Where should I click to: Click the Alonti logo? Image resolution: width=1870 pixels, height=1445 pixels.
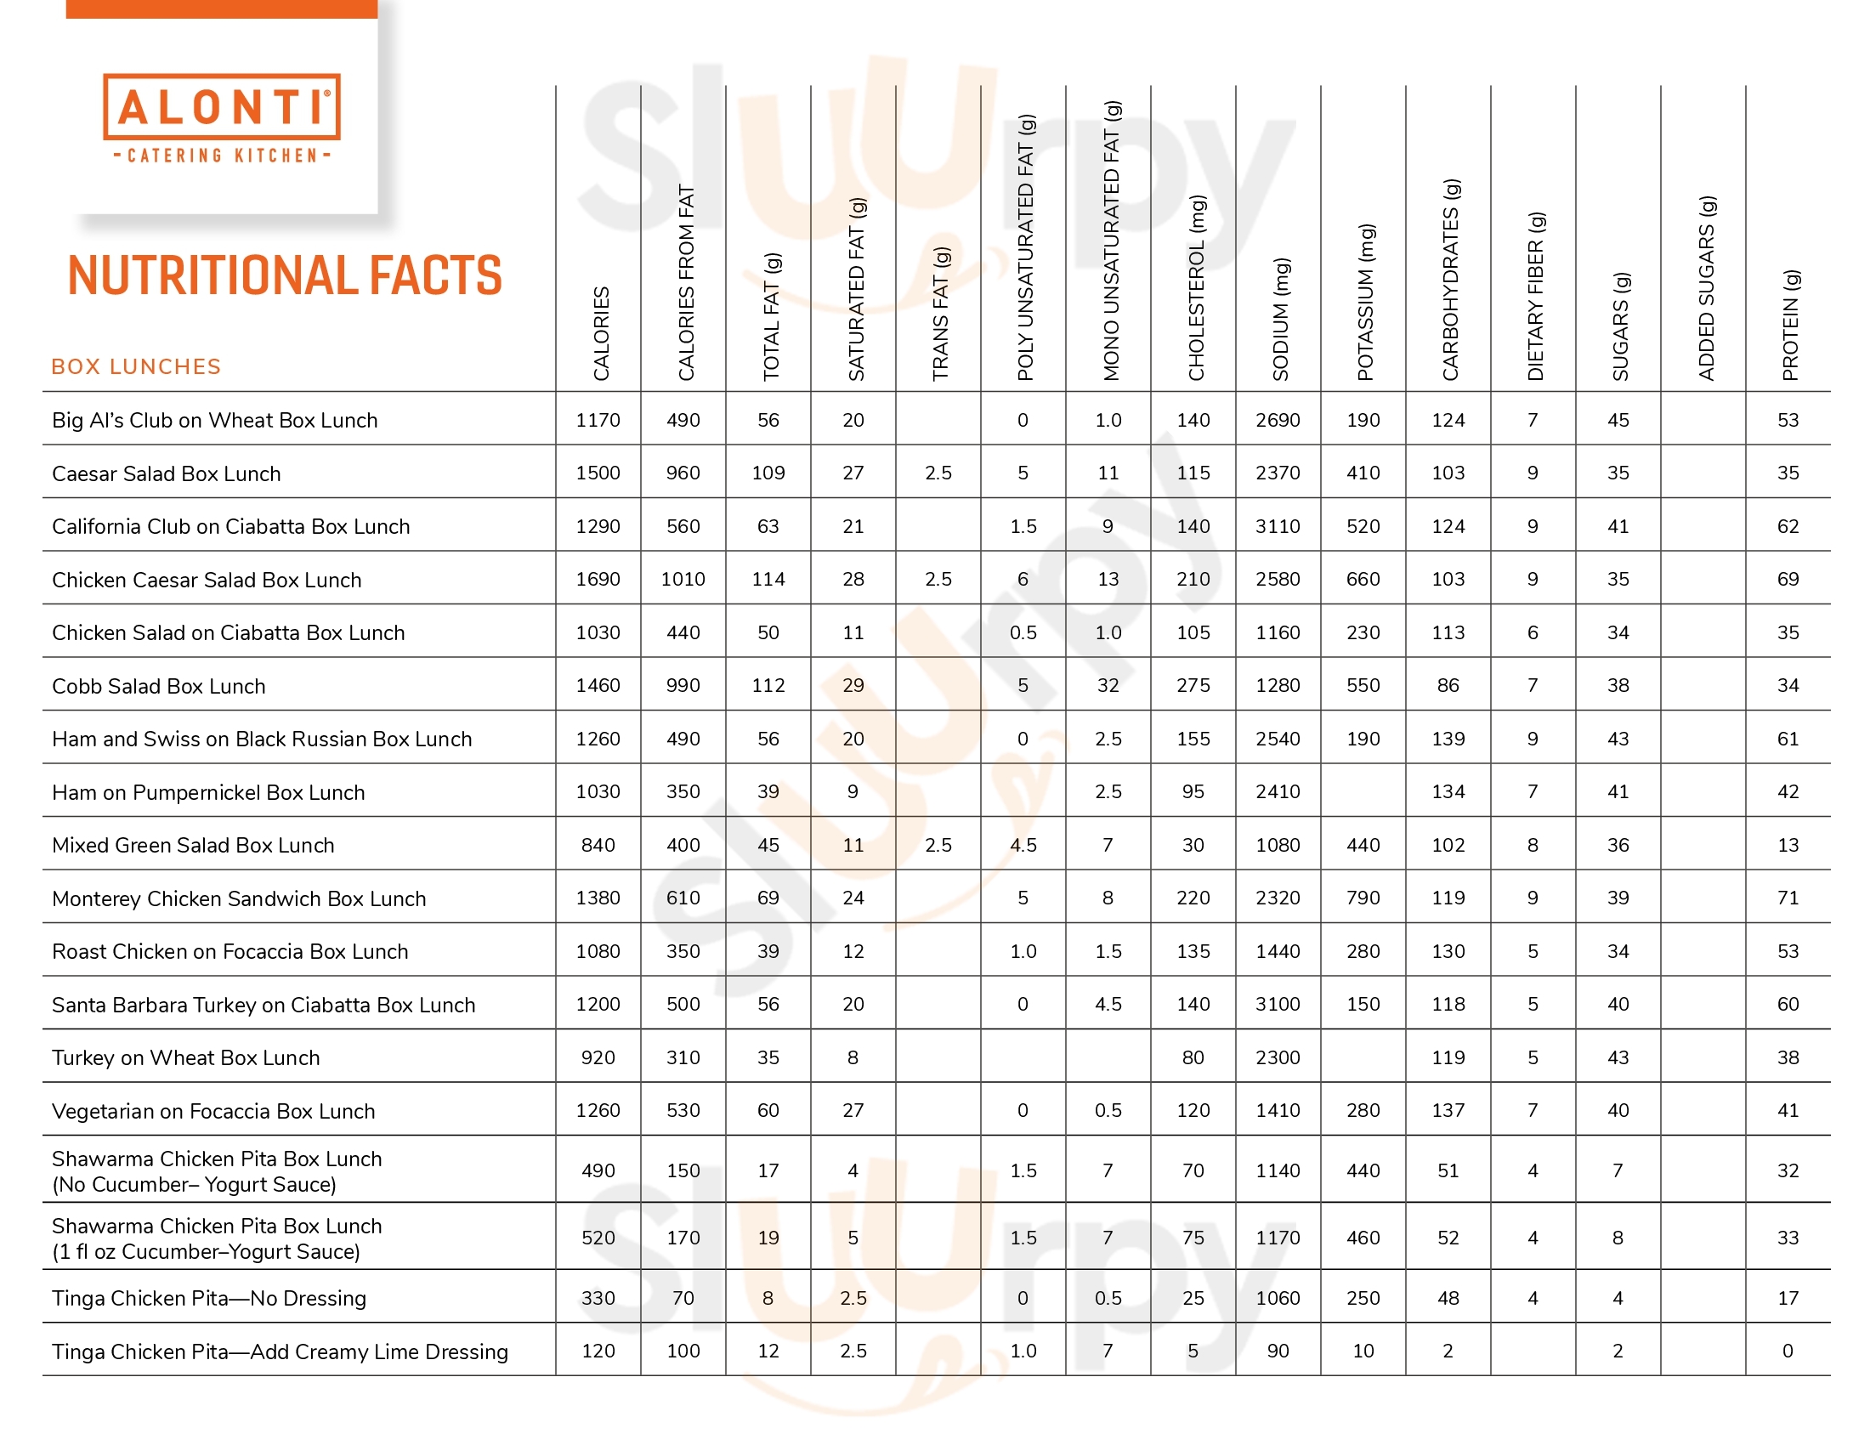pos(222,117)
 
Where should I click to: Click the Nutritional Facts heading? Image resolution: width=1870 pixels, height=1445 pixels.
pos(284,275)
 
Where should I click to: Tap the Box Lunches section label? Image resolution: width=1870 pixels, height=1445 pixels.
pos(136,366)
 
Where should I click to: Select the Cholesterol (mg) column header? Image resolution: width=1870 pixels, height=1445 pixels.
pos(1196,287)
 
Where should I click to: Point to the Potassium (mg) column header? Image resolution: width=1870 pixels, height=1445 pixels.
pos(1366,303)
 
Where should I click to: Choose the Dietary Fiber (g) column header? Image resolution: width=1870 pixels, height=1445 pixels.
pos(1536,296)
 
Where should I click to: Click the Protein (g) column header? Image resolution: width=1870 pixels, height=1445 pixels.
pos(1790,326)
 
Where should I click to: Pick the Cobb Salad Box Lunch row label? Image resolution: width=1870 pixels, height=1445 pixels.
pos(158,686)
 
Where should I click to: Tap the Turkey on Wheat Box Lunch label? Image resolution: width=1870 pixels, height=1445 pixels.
pos(186,1057)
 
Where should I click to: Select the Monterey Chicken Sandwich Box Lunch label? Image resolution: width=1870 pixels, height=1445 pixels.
pos(239,898)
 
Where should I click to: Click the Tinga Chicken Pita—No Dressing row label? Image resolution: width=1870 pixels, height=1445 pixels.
pos(209,1298)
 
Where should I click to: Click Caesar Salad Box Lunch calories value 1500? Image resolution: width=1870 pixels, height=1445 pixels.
pos(598,473)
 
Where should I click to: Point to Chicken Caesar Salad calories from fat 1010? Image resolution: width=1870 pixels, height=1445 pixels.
pos(683,579)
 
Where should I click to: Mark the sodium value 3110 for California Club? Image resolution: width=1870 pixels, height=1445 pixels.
pos(1278,525)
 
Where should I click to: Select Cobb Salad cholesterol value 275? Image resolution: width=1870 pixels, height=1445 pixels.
pos(1193,685)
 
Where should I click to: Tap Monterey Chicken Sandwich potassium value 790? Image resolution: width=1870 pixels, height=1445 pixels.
pos(1363,897)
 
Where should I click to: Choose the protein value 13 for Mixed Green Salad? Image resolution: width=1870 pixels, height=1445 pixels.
pos(1788,844)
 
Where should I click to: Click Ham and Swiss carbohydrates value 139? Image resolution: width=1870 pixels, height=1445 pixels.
pos(1448,738)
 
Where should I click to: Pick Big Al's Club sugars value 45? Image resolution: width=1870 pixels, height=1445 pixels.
pos(1618,419)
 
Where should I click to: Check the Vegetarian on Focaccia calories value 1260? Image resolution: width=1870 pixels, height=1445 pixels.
pos(598,1109)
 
